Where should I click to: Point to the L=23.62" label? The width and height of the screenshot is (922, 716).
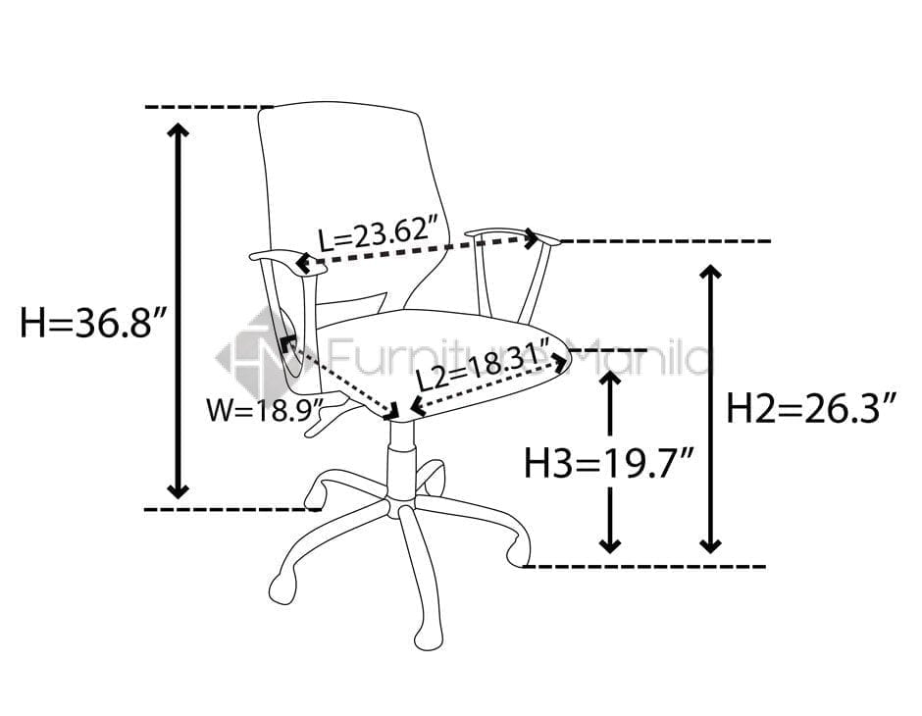click(380, 235)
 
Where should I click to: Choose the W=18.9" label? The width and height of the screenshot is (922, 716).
click(265, 410)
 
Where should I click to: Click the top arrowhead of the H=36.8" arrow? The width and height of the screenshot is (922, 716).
click(178, 130)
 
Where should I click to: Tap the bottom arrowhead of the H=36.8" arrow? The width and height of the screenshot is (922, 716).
click(178, 490)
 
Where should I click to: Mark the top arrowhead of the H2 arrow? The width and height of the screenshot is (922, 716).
click(711, 272)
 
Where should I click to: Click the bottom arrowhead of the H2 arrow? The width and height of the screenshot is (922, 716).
click(711, 545)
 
